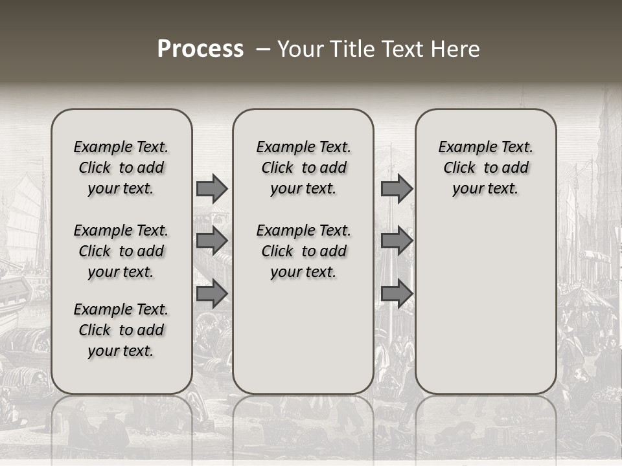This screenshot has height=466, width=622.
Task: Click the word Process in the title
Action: (x=200, y=49)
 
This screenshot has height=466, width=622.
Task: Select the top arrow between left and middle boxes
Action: (x=212, y=188)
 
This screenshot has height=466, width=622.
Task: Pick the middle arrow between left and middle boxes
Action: (x=212, y=241)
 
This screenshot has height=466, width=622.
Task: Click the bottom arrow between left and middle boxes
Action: (x=212, y=294)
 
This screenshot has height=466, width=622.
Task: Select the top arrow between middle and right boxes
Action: (x=397, y=188)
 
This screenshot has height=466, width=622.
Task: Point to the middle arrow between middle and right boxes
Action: (x=397, y=241)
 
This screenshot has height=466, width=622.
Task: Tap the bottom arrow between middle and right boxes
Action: (x=397, y=294)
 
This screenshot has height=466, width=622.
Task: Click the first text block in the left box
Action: (x=121, y=168)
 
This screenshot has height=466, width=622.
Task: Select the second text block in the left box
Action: (x=121, y=251)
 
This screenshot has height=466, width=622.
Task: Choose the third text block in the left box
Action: (x=121, y=330)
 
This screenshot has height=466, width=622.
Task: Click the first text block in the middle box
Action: (x=303, y=168)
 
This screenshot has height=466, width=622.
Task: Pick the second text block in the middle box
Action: (x=303, y=251)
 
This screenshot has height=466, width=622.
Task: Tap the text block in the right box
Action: (x=485, y=168)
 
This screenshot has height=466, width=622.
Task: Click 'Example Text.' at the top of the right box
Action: (x=485, y=147)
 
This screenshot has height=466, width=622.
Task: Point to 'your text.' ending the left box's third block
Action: (x=121, y=351)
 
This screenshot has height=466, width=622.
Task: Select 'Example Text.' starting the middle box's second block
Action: (x=303, y=230)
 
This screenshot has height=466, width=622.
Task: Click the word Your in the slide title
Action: (x=299, y=49)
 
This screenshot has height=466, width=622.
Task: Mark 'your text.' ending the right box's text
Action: (x=485, y=188)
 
